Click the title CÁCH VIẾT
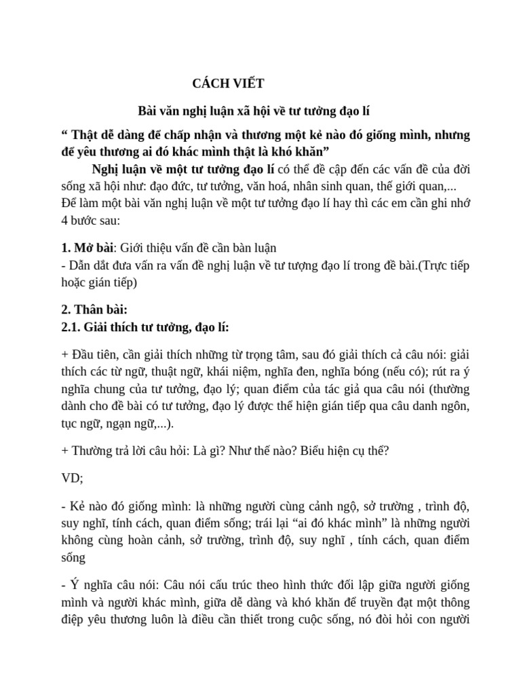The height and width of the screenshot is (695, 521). pyautogui.click(x=228, y=83)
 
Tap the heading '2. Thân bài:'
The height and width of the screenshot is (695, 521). pyautogui.click(x=94, y=309)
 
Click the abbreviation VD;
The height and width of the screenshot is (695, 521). pyautogui.click(x=72, y=478)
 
